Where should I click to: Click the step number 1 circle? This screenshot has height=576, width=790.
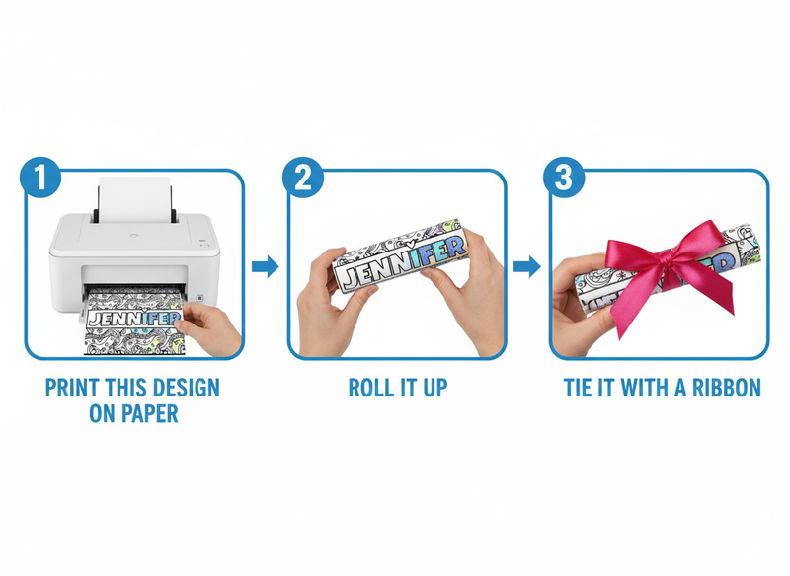coord(40,178)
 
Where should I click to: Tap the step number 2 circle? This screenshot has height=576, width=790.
coord(303,178)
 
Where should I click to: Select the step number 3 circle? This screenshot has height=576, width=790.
coord(564,178)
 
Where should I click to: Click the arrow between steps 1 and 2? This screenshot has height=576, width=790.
coord(265,266)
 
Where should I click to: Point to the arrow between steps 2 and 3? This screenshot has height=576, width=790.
coord(527,266)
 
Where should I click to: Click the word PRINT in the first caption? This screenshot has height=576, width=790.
coord(64,388)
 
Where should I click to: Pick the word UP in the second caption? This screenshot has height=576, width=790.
coord(434,388)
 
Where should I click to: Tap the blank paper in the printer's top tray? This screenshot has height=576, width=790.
coord(134,199)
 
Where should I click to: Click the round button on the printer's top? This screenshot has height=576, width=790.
coord(134,235)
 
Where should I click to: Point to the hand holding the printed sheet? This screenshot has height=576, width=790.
coord(210,327)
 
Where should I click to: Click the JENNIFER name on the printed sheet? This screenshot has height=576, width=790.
coord(133,319)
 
